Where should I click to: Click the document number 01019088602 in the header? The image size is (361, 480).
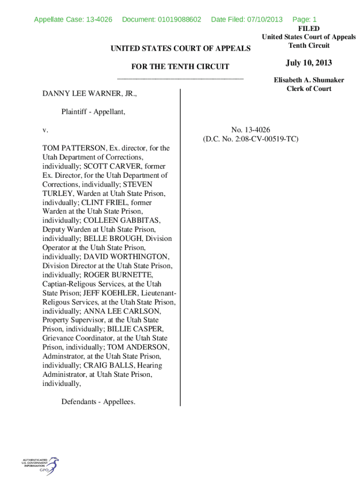(x=179, y=19)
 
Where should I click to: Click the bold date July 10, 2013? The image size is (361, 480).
(x=308, y=63)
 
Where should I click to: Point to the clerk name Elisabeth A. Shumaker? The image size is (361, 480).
(x=308, y=80)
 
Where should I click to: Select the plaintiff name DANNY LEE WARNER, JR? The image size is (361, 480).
(x=90, y=94)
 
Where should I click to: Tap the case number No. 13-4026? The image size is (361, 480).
(x=250, y=130)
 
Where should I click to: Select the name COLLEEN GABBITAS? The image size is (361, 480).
(x=122, y=220)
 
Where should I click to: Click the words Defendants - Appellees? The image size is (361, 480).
(x=98, y=402)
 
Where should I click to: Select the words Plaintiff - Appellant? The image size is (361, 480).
(x=93, y=112)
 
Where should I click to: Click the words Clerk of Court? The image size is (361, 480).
(x=308, y=89)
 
